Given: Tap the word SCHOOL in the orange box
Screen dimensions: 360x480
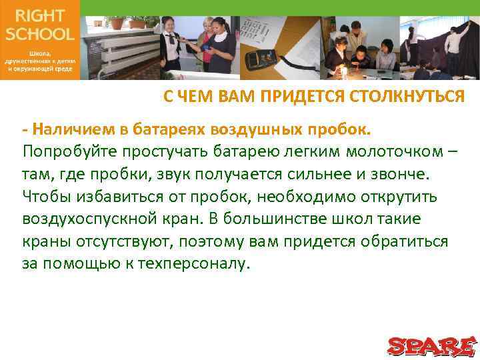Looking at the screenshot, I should click(40, 33).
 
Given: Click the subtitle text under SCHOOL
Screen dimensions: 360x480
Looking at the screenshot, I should click(40, 59).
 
